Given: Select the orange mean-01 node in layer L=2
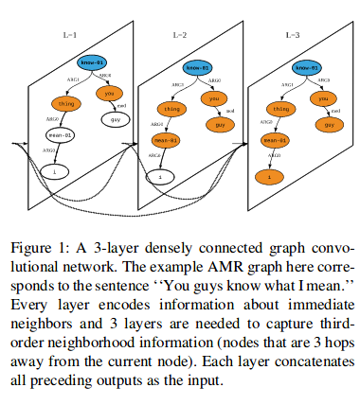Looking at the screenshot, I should click(167, 141).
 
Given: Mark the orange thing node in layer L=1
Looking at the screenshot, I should click(65, 103).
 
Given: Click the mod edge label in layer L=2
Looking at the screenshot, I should click(230, 111).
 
